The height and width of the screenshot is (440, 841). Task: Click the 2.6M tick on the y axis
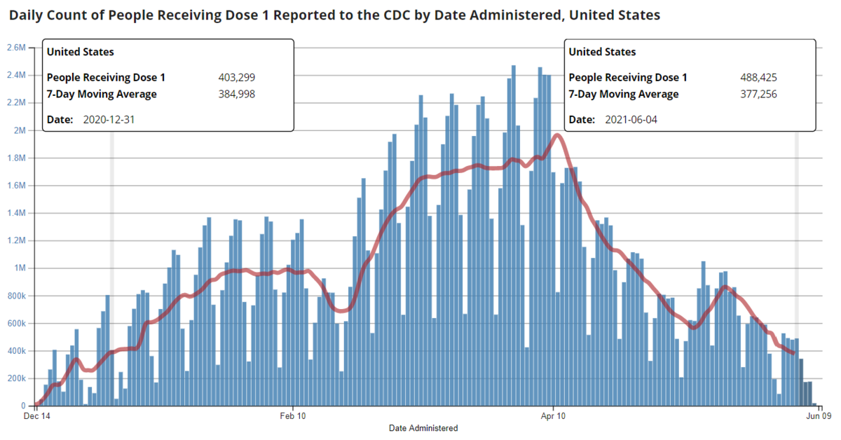coord(15,48)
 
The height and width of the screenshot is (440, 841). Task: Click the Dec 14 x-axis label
coord(36,416)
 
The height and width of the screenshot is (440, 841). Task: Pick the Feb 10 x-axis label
coord(292,416)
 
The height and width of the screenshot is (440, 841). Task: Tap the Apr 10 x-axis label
coord(554,416)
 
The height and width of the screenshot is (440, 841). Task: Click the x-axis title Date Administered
coord(423,428)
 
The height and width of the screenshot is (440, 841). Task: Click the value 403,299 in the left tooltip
coord(236,78)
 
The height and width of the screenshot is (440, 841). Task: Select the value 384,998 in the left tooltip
coord(236,94)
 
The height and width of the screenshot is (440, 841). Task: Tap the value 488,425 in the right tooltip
coord(758,78)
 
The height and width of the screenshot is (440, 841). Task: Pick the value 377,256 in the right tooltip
coord(758,94)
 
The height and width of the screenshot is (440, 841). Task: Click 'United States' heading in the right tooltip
coord(602,52)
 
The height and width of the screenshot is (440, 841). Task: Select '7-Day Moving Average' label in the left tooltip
coord(102,94)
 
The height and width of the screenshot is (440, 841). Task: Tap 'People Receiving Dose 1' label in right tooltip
coord(628,78)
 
